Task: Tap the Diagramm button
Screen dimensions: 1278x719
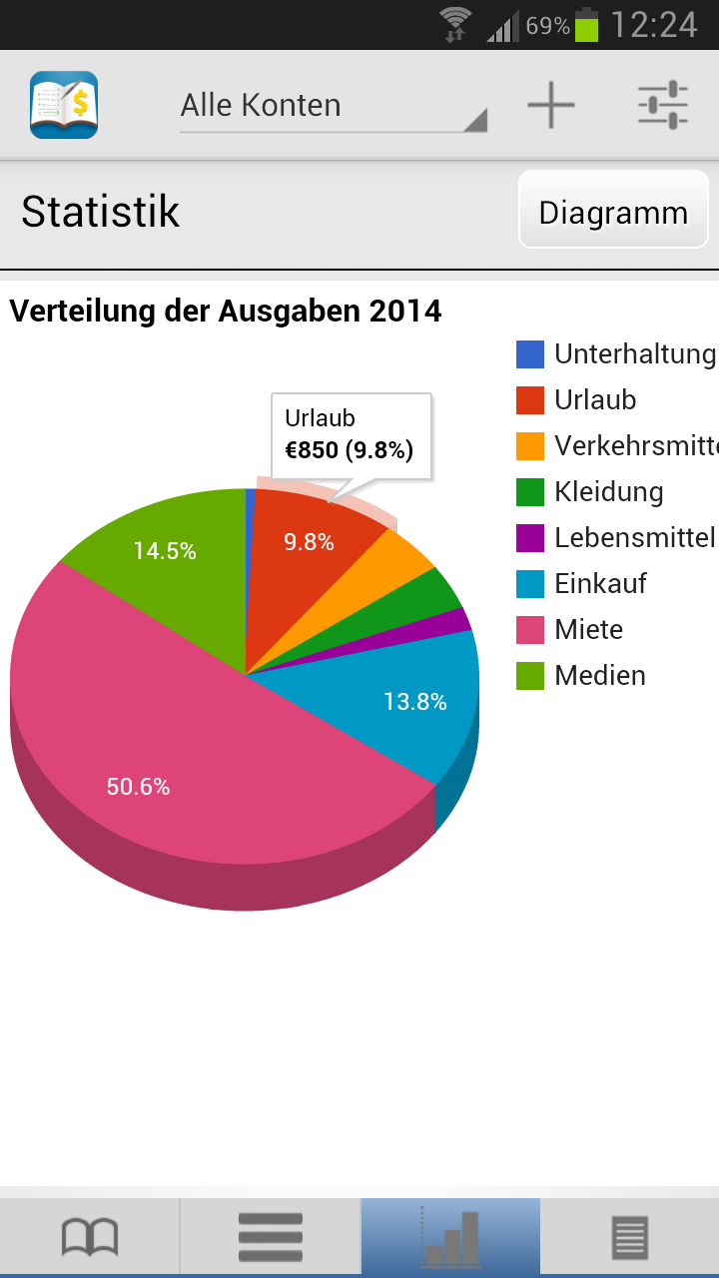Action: point(613,212)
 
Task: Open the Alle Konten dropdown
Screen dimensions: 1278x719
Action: point(333,107)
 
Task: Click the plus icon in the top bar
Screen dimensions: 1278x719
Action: point(551,105)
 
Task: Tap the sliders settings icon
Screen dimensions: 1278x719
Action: point(663,105)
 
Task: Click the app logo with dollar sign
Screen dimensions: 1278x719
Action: point(64,105)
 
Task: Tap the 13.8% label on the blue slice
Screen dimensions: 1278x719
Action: point(414,702)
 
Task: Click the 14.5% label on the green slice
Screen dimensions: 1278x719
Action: point(165,550)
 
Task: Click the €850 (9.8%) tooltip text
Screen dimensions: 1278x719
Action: point(349,450)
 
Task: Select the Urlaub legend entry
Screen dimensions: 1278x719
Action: point(595,399)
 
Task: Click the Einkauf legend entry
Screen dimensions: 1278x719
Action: point(600,583)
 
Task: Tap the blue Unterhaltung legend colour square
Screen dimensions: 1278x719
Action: point(530,354)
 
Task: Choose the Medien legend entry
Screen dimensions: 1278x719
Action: point(599,675)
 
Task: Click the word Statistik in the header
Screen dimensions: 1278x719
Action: point(100,212)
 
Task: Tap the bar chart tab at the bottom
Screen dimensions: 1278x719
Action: point(450,1238)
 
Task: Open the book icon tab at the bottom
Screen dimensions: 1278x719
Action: point(90,1238)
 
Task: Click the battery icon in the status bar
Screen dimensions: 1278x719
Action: point(586,25)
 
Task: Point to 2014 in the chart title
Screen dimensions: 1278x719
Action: point(405,311)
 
